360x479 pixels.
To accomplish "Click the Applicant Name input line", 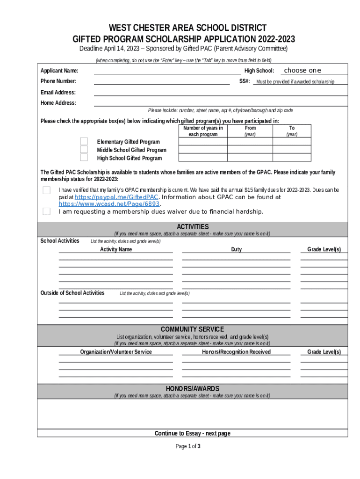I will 167,71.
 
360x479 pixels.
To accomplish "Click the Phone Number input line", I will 162,81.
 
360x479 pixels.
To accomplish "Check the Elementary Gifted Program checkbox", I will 84,141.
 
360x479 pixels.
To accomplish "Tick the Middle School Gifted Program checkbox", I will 84,149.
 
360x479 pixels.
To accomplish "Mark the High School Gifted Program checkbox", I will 84,157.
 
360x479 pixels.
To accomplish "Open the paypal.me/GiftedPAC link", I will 116,197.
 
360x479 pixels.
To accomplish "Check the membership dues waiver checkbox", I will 46,211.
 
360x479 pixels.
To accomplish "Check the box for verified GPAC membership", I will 46,190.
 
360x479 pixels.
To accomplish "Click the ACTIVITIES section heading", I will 193,227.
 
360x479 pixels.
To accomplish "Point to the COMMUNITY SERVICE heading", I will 192,329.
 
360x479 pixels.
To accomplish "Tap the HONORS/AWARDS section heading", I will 192,389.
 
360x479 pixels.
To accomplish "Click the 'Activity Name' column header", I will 116,249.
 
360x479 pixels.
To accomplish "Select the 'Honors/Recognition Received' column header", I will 236,352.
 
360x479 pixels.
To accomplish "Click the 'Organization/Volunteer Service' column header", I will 116,352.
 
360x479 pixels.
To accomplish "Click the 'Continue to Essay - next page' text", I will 192,433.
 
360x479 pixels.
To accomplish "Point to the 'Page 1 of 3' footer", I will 188,446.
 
